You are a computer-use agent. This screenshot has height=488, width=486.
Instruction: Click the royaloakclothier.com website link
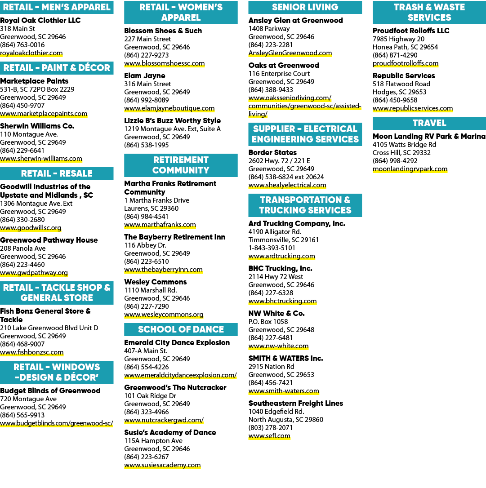(x=31, y=53)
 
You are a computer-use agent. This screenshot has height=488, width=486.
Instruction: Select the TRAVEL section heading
(x=429, y=123)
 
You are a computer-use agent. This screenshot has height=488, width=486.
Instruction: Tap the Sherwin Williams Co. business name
(x=37, y=126)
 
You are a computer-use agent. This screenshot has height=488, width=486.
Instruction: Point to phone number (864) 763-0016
(x=22, y=45)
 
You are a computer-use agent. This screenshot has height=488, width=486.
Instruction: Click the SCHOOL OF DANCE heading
(x=181, y=329)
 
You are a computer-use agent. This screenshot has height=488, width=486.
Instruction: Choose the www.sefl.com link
(x=269, y=436)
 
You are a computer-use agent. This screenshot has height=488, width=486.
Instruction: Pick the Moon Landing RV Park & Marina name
(x=429, y=136)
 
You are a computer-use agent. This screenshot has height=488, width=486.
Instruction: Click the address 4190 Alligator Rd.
(x=275, y=232)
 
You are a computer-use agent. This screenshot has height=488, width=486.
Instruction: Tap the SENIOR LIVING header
(x=305, y=7)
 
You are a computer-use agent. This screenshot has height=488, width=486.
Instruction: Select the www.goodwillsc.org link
(x=31, y=228)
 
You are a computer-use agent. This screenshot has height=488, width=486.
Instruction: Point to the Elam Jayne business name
(x=144, y=75)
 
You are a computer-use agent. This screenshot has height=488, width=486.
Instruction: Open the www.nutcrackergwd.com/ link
(x=164, y=420)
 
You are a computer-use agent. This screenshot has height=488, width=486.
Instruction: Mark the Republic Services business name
(x=404, y=75)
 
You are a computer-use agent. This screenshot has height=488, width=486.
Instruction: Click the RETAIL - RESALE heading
(x=57, y=173)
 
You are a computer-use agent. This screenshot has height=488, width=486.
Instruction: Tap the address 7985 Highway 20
(x=398, y=39)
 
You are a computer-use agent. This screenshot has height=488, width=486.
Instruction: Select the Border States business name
(x=272, y=152)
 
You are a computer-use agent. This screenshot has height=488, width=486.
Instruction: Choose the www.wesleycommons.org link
(x=164, y=315)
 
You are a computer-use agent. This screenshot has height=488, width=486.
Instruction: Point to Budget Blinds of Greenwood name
(x=50, y=390)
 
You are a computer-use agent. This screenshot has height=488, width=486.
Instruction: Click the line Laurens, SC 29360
(x=152, y=209)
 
